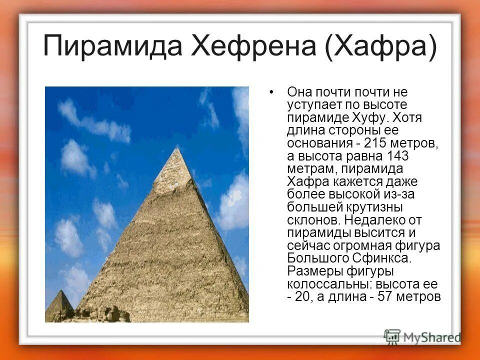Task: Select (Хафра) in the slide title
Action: pos(381,46)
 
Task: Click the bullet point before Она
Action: pos(271,93)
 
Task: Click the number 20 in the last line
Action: pos(305,297)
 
